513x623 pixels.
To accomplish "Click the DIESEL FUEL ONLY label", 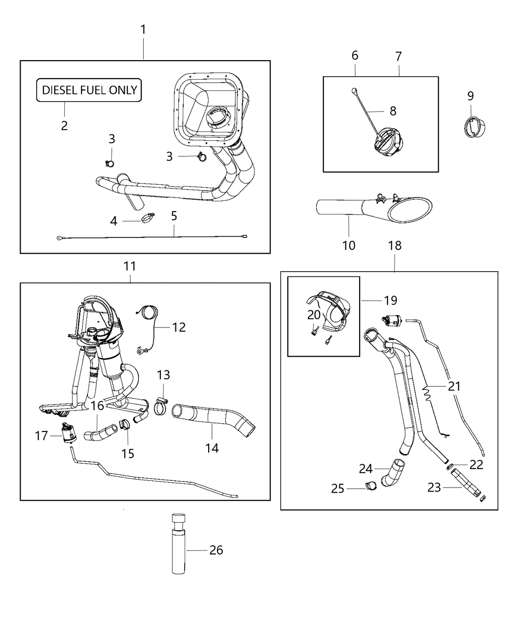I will click(89, 90).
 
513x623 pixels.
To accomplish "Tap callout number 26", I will click(216, 550).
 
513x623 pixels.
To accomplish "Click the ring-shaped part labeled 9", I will click(472, 128).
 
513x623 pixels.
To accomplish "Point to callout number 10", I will click(349, 245).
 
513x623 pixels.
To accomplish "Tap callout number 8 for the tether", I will click(393, 111).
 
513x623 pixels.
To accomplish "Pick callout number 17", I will click(41, 435).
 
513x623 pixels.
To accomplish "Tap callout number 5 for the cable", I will click(174, 215).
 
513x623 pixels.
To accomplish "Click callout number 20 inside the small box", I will click(314, 315).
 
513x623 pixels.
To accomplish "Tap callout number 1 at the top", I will click(143, 30).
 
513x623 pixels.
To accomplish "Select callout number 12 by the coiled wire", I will click(179, 327).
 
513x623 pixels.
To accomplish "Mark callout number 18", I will click(395, 245).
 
